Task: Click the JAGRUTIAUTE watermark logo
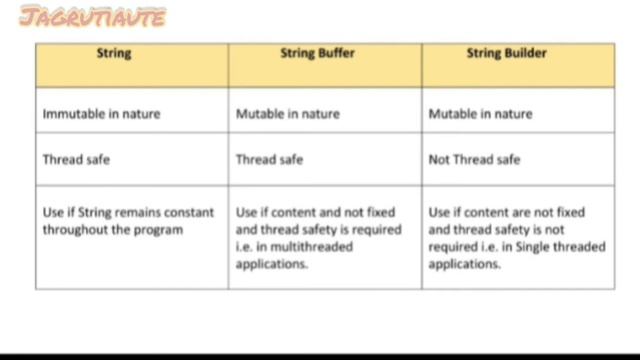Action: pyautogui.click(x=92, y=17)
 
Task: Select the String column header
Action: pyautogui.click(x=113, y=54)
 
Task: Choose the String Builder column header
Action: pyautogui.click(x=506, y=54)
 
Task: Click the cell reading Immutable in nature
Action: pyautogui.click(x=101, y=114)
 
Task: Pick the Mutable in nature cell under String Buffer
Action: pyautogui.click(x=287, y=114)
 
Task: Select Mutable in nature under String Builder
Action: pyautogui.click(x=480, y=114)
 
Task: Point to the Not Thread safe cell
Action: pyautogui.click(x=474, y=160)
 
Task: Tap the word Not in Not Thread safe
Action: pyautogui.click(x=439, y=160)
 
